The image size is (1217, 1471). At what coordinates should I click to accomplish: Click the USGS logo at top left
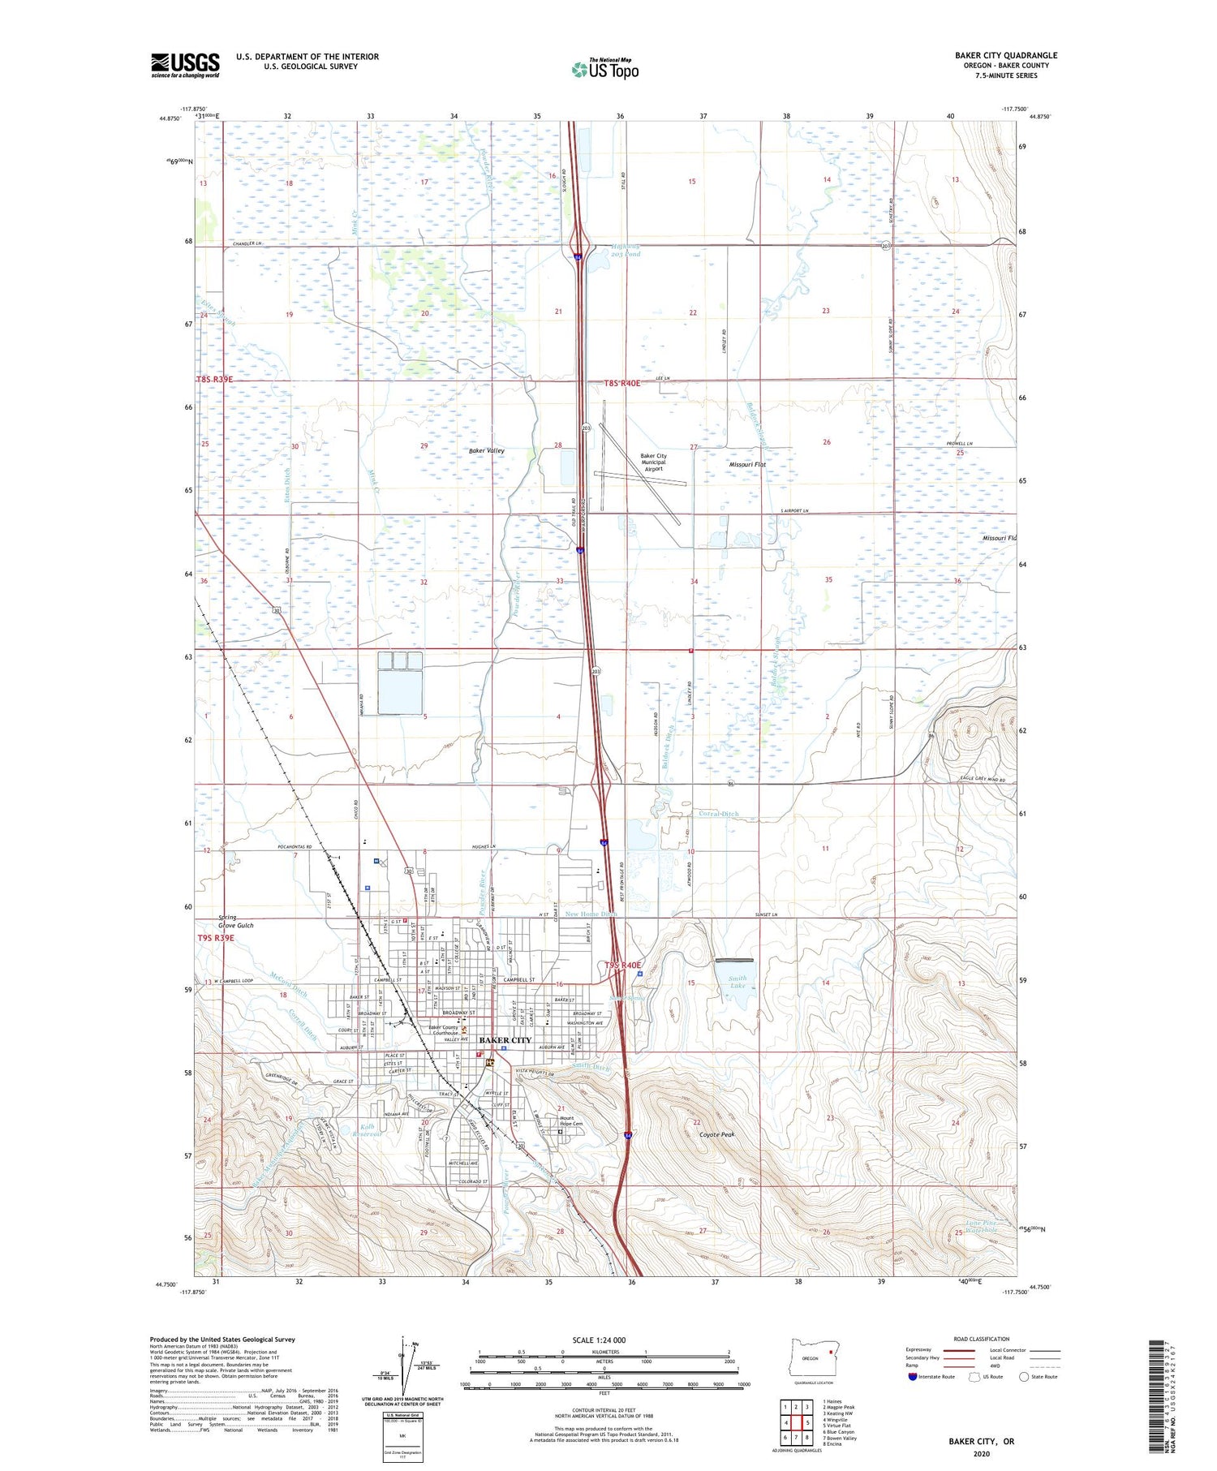pyautogui.click(x=185, y=65)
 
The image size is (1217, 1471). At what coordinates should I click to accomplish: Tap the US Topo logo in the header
pyautogui.click(x=605, y=69)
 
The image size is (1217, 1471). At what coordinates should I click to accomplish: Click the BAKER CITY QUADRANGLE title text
pyautogui.click(x=1005, y=56)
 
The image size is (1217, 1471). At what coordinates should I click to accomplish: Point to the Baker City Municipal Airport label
pyautogui.click(x=653, y=462)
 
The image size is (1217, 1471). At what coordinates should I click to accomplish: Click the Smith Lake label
pyautogui.click(x=737, y=983)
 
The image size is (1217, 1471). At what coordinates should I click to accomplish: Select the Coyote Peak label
pyautogui.click(x=716, y=1134)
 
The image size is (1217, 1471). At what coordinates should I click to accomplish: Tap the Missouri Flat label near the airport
pyautogui.click(x=747, y=465)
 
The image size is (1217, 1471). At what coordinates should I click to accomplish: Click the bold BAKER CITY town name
pyautogui.click(x=505, y=1040)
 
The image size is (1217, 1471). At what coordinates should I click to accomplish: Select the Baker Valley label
pyautogui.click(x=486, y=450)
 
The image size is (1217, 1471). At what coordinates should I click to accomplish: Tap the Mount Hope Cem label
pyautogui.click(x=571, y=1120)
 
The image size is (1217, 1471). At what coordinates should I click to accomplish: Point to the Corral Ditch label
pyautogui.click(x=718, y=813)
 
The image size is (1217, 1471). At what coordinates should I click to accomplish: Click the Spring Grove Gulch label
pyautogui.click(x=235, y=921)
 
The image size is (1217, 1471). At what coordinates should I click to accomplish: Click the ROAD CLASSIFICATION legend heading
pyautogui.click(x=982, y=1339)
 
